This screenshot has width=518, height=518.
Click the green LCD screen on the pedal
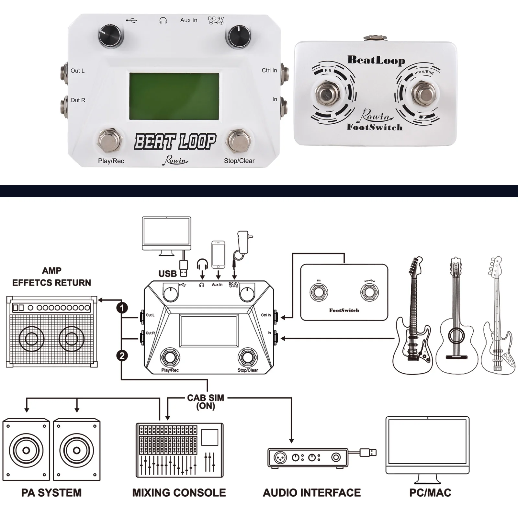174,96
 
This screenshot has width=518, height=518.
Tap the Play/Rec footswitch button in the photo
110,141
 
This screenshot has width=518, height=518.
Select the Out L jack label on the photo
78,71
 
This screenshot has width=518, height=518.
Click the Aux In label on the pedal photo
189,20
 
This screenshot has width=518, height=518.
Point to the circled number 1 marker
122,308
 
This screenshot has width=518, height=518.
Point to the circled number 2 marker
122,356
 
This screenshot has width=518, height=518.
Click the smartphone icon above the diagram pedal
218,254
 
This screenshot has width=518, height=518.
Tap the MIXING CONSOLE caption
179,493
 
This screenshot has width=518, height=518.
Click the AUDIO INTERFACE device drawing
308,457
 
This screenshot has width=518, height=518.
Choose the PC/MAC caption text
430,493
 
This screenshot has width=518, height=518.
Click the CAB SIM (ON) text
206,401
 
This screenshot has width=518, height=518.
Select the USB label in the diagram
168,274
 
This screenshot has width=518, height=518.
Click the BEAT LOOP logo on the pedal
175,142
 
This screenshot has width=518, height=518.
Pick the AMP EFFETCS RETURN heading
52,277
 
